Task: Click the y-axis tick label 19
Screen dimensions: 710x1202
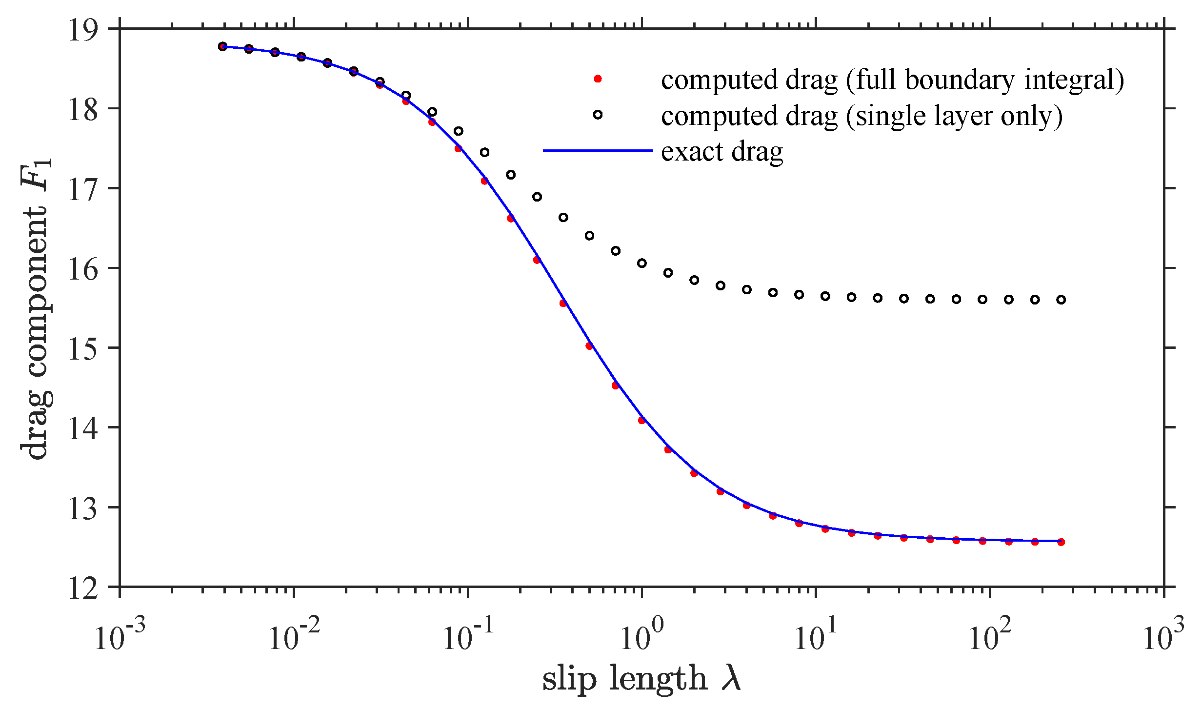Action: point(83,30)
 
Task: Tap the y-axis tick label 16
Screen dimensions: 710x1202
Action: point(83,269)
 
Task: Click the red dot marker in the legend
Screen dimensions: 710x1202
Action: point(598,79)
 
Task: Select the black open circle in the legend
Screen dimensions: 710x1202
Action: point(598,115)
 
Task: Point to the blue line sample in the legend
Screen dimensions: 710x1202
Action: point(598,151)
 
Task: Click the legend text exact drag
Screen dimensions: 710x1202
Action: point(722,152)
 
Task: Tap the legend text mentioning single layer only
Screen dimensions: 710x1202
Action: point(861,116)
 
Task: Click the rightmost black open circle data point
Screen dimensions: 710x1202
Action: point(1061,300)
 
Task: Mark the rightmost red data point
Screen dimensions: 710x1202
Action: point(1061,542)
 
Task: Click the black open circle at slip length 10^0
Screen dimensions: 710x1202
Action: point(642,263)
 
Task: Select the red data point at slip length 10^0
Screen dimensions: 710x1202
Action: point(642,420)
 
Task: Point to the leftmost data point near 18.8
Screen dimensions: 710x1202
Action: point(223,46)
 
